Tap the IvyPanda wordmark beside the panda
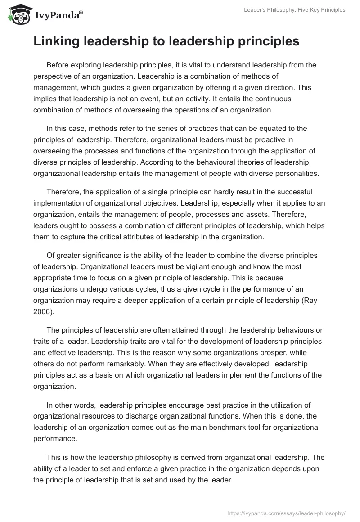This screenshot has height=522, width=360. tap(58, 16)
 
